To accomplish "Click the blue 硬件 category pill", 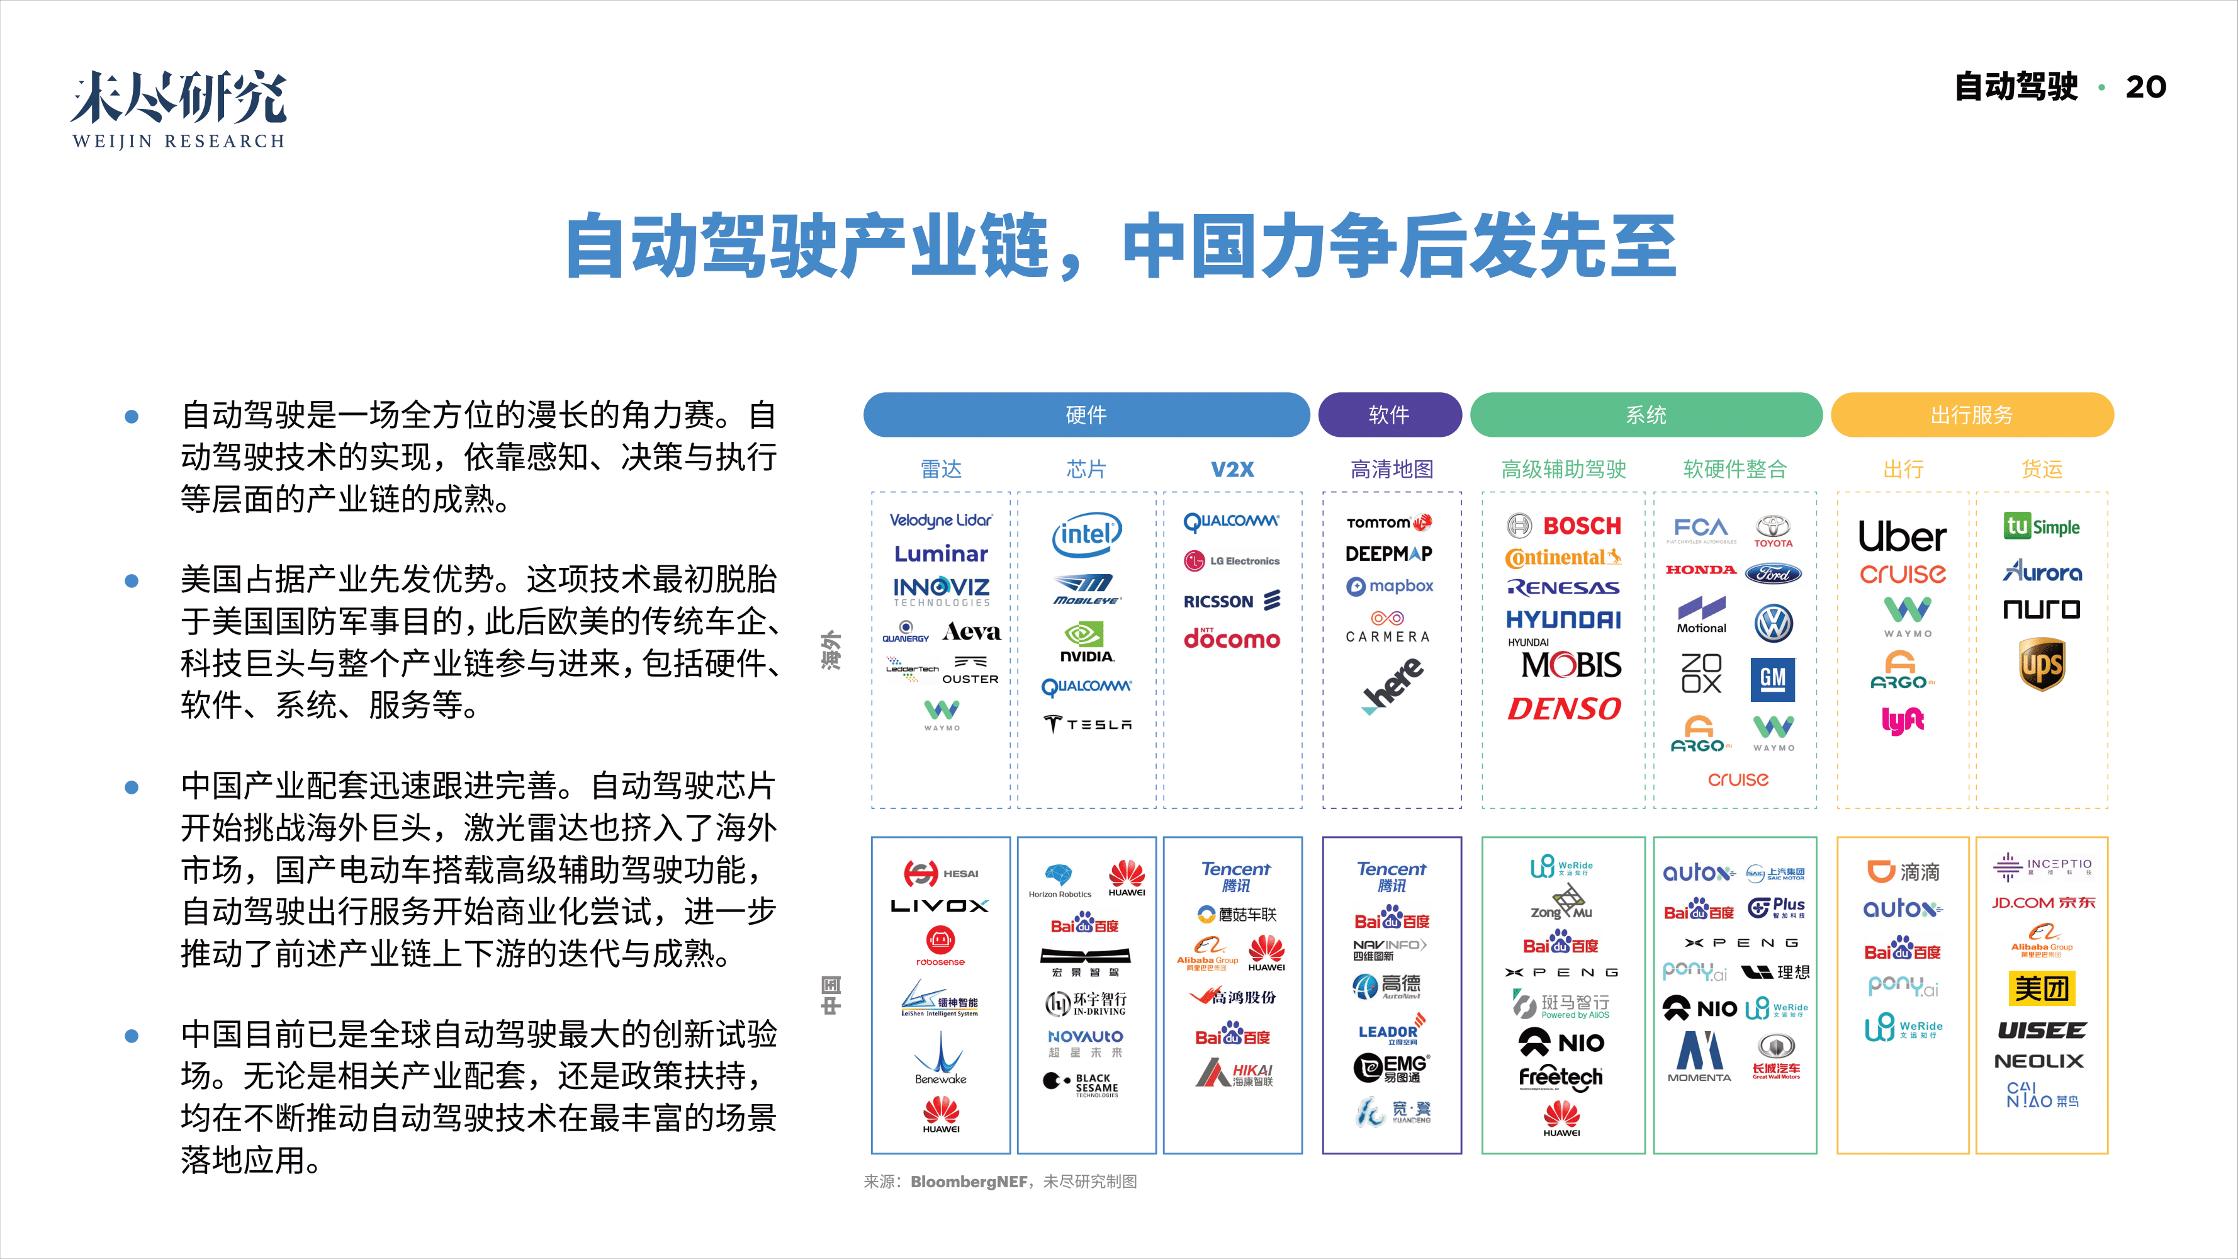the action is click(x=1086, y=414).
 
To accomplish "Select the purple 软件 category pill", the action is click(x=1389, y=414).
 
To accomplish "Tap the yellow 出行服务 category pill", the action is click(x=1971, y=414).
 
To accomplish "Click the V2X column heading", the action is click(x=1232, y=469).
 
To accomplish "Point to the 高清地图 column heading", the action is click(x=1392, y=469).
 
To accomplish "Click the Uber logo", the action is click(x=1902, y=536).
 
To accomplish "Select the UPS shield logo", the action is click(x=2041, y=664).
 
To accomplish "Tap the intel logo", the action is click(x=1086, y=533).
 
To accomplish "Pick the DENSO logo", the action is click(x=1564, y=709).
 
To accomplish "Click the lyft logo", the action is click(x=1903, y=720).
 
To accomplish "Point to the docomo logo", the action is click(x=1232, y=638).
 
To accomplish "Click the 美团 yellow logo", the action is click(x=2042, y=988).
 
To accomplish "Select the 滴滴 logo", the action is click(x=1903, y=871).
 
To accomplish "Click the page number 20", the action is click(x=2145, y=87).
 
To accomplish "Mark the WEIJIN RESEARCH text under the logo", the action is click(x=179, y=141).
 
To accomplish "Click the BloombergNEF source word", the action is click(x=968, y=1182).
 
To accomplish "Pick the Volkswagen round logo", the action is click(x=1773, y=623).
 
